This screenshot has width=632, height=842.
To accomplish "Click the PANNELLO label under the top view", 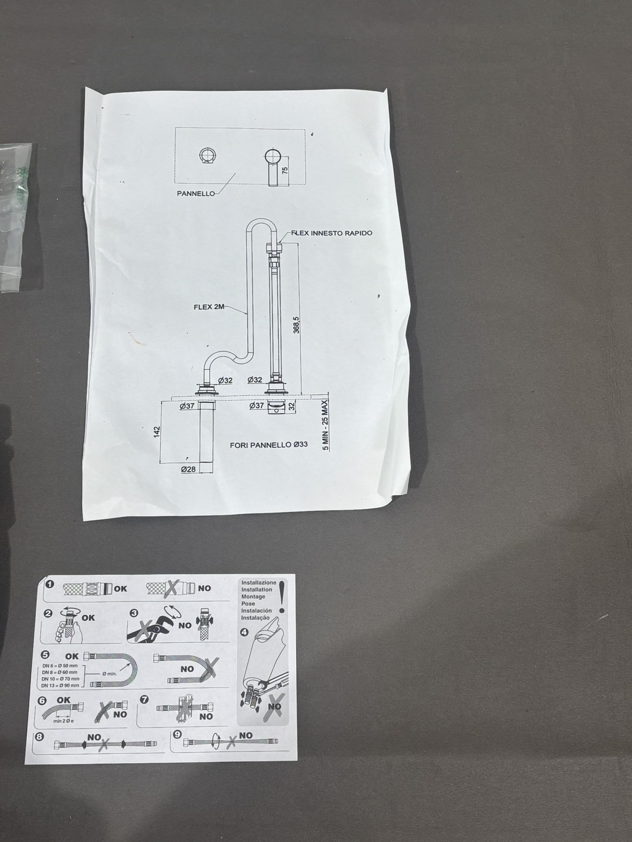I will (x=196, y=194).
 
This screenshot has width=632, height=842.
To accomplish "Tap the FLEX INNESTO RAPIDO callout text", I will (x=332, y=233).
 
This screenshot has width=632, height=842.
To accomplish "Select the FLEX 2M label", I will (x=209, y=307).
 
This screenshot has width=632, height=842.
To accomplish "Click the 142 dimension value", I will (x=157, y=432).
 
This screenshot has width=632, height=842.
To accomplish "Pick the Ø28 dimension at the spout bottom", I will (x=188, y=469).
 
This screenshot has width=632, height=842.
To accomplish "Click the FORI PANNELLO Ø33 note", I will (x=269, y=444).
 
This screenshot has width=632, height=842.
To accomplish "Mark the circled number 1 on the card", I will (x=50, y=585).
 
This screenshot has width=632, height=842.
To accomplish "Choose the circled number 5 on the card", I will (x=45, y=655).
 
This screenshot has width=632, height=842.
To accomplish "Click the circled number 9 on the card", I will (x=177, y=733).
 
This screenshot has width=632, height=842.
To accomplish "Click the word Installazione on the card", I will (x=258, y=583).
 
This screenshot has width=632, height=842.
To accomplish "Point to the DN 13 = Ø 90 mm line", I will (x=60, y=685).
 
